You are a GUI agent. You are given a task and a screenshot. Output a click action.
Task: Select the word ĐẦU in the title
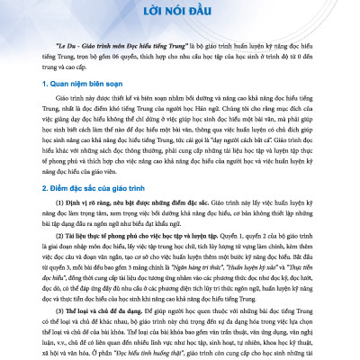(x=213, y=15)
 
